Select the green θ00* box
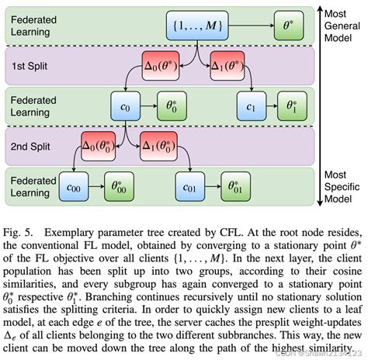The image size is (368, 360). point(122,185)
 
